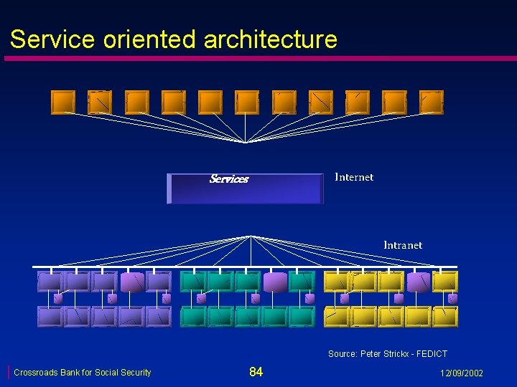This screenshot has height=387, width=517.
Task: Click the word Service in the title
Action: [x=52, y=39]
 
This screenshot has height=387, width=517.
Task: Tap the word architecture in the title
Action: [x=270, y=39]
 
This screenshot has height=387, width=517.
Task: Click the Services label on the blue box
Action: [x=228, y=179]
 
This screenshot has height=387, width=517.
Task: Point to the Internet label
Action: [x=354, y=177]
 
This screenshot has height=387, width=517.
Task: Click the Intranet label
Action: [x=403, y=245]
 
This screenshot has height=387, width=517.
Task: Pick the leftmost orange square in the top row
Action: [x=63, y=102]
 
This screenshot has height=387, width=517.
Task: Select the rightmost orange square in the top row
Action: [x=432, y=102]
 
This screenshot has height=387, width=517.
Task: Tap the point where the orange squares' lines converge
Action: [x=246, y=142]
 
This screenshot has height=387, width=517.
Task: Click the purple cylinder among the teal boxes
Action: [x=274, y=282]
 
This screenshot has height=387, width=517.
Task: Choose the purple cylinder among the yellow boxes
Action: [x=418, y=282]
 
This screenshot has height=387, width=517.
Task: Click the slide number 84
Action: [x=256, y=371]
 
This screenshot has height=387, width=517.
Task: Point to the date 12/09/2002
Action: [x=461, y=373]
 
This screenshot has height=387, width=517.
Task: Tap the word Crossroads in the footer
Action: [x=36, y=373]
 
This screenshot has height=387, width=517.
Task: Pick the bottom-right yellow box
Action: [x=445, y=316]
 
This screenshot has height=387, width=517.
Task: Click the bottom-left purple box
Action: [x=50, y=316]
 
